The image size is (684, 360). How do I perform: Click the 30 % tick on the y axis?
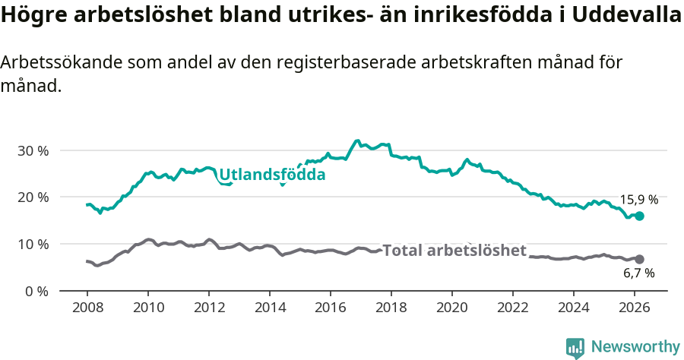33,150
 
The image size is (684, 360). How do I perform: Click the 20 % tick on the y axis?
33,197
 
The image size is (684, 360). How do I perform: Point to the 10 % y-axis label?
33,244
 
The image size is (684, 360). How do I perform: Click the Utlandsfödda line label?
272,175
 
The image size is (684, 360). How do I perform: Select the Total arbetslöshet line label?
454,251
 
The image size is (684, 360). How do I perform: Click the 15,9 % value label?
638,200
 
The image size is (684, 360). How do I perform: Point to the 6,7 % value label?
638,273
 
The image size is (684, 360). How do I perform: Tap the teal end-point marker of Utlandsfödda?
639,216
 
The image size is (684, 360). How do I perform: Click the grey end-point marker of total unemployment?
639,259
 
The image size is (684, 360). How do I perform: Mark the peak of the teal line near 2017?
357,141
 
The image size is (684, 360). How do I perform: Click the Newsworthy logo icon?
575,347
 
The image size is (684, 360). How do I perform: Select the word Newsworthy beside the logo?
635,347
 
